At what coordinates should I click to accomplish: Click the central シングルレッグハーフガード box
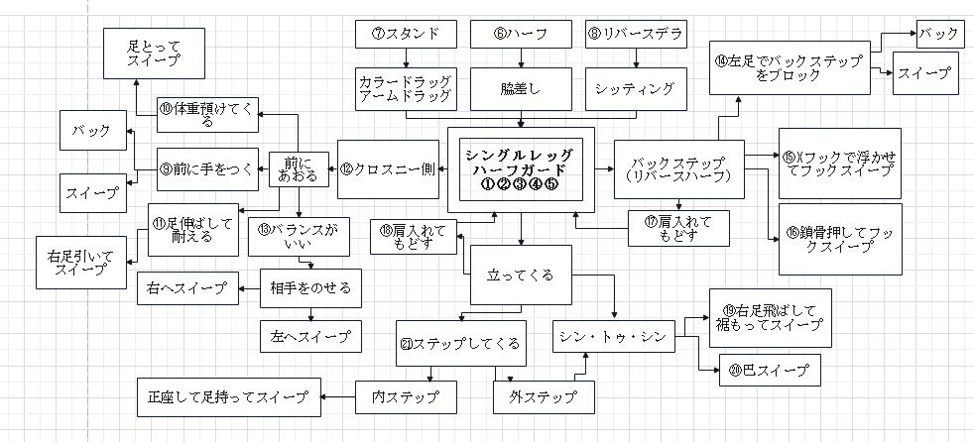[x=521, y=169]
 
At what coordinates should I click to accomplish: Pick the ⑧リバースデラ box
[x=635, y=34]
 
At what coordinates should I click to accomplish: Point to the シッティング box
[x=635, y=87]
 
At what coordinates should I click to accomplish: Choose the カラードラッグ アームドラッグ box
[x=406, y=87]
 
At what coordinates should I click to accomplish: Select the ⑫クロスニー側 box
[x=387, y=169]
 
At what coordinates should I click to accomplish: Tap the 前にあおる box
[x=300, y=169]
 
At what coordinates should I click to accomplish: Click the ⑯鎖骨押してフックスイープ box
[x=839, y=239]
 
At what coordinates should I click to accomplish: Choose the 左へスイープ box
[x=310, y=336]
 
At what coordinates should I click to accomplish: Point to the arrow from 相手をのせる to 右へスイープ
[x=249, y=289]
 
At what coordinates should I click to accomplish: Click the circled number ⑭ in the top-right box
[x=721, y=59]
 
